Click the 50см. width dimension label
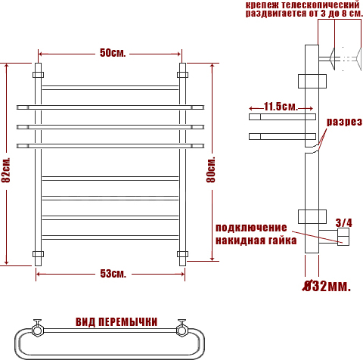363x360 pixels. click(113, 53)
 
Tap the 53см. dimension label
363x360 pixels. click(113, 274)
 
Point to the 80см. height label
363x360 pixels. click(211, 169)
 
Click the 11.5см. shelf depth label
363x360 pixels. click(281, 107)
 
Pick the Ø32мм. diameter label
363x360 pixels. click(327, 286)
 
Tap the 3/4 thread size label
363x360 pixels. click(343, 222)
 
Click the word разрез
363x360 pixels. click(344, 122)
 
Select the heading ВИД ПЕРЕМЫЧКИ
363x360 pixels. click(116, 322)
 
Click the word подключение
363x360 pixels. click(251, 228)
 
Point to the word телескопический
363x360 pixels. click(320, 5)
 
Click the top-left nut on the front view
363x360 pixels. click(38, 75)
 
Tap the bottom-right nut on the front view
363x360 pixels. click(182, 254)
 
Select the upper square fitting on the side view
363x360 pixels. click(312, 81)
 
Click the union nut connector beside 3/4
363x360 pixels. click(343, 237)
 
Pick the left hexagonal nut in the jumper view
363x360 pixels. click(38, 330)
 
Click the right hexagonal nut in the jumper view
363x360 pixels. click(181, 330)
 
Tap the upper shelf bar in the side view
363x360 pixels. click(282, 116)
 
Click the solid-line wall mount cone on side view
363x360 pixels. click(332, 59)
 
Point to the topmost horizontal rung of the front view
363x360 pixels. click(110, 88)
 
